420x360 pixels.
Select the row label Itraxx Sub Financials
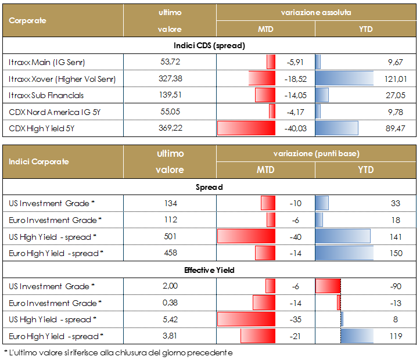point(46,95)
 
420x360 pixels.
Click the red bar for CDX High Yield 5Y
point(245,128)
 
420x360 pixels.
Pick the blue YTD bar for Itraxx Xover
point(344,78)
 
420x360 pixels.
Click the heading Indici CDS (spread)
point(210,45)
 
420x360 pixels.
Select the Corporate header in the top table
point(28,20)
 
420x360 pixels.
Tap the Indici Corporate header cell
point(39,161)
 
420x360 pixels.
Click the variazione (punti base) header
point(316,153)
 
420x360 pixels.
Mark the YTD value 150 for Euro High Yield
point(397,253)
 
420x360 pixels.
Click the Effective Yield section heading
point(210,269)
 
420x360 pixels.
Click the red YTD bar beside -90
point(328,286)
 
